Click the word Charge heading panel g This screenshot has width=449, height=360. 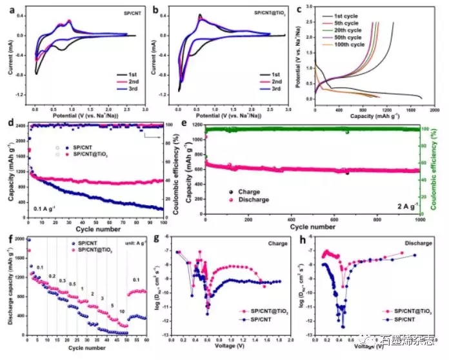coord(278,244)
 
